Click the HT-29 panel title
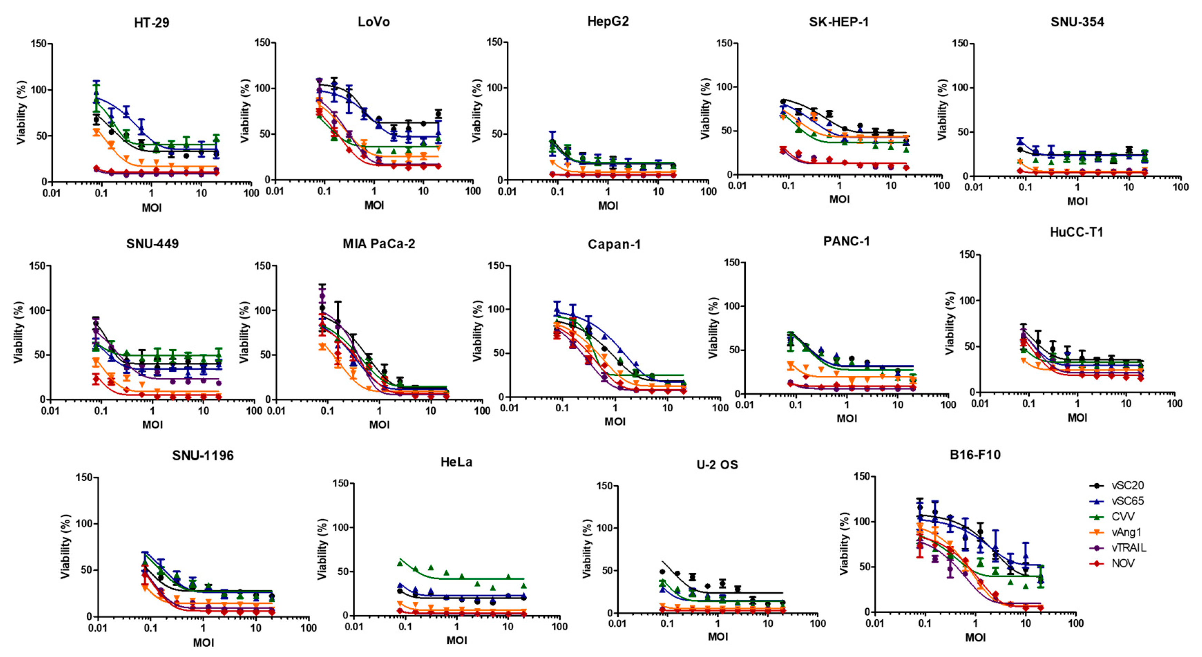click(152, 22)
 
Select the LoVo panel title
click(374, 22)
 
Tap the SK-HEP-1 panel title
click(839, 22)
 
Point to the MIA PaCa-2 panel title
click(379, 244)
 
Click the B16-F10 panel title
click(975, 455)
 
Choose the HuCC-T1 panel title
click(1077, 232)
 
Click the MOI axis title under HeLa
click(456, 640)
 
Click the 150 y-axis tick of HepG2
click(494, 42)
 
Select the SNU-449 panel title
click(152, 244)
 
